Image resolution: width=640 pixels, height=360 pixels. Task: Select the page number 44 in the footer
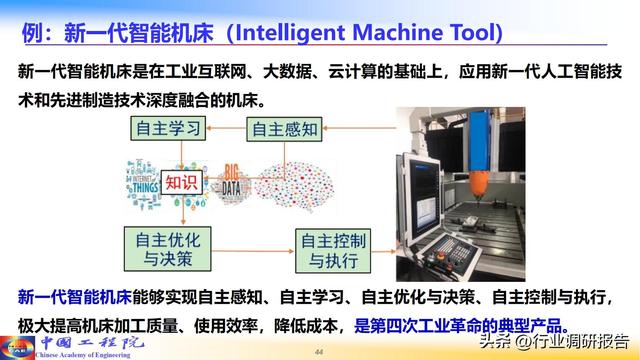click(x=320, y=352)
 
